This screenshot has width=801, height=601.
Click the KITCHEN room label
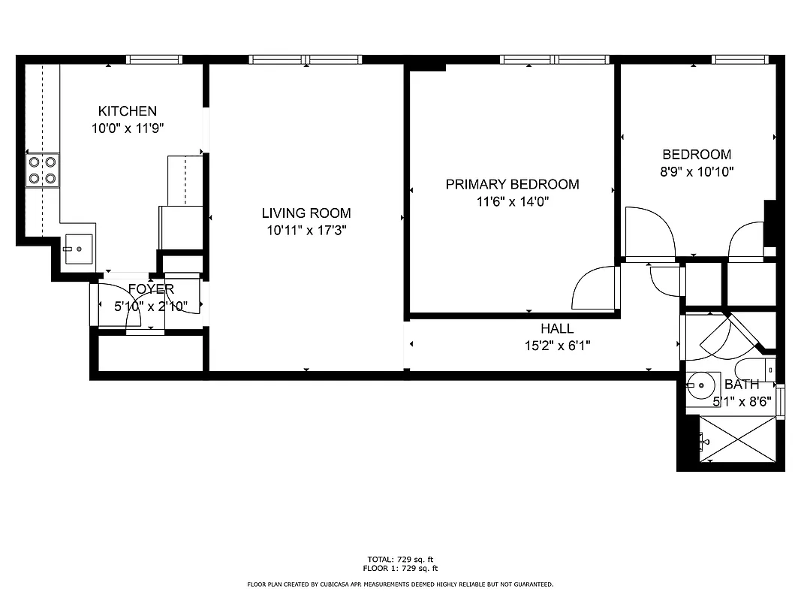[x=128, y=111]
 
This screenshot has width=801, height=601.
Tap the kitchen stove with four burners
[x=42, y=170]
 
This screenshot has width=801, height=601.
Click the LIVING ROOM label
[x=306, y=213]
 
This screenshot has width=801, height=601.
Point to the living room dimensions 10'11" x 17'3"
[x=306, y=230]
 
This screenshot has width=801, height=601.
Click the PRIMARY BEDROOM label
[x=512, y=184]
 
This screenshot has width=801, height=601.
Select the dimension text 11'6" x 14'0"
[x=512, y=201]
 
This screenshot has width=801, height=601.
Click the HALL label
[x=557, y=329]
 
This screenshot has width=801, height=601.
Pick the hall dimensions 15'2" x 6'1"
[x=557, y=346]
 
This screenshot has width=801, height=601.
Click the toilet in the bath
[x=754, y=370]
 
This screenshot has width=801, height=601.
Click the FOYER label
[x=151, y=289]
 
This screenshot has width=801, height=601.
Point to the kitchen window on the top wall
[x=154, y=59]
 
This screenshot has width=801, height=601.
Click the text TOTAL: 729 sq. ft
[x=400, y=560]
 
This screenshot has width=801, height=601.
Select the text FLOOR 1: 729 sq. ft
[x=400, y=569]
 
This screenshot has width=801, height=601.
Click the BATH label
[x=742, y=385]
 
